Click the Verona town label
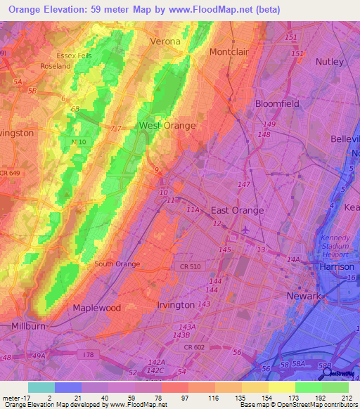[165, 41]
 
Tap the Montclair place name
[231, 51]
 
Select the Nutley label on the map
[330, 62]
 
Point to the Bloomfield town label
[277, 103]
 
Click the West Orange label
[167, 126]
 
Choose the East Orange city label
[238, 210]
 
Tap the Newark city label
[304, 296]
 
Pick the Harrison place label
[335, 267]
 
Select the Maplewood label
[97, 308]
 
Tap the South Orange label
[117, 264]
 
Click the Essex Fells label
[75, 56]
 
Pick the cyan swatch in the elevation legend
[41, 387]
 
